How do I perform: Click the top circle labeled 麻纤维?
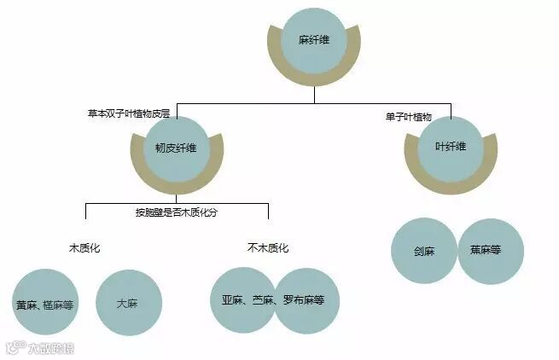click(313, 40)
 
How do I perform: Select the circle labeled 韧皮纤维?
click(176, 147)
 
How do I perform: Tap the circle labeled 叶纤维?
click(450, 146)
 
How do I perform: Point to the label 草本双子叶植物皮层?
click(128, 112)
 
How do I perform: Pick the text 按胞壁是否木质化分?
click(177, 211)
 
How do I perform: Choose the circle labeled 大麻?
click(129, 302)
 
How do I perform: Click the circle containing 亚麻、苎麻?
click(242, 300)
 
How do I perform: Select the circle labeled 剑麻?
click(424, 251)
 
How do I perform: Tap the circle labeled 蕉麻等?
click(490, 251)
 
